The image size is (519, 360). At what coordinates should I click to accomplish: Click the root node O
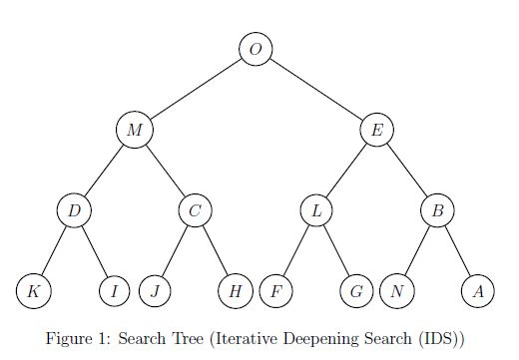coord(256,48)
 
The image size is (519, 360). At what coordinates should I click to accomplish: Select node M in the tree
coord(133,130)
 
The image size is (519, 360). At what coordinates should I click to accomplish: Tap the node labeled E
coord(377,130)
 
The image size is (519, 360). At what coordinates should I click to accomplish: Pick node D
coord(73,210)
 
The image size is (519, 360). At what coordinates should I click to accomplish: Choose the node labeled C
coord(195,210)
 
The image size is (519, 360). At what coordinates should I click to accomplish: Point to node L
coord(316,210)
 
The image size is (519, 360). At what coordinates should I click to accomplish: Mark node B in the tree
coord(437,210)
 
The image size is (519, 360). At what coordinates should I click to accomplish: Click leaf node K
coord(33,291)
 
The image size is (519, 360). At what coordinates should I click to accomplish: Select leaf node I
coord(115,291)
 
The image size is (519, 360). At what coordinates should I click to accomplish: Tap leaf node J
coord(155,291)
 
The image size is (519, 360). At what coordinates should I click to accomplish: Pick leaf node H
coord(235,291)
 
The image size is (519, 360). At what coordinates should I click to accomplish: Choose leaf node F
coord(275,291)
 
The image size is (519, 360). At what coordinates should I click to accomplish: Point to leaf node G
coord(356,291)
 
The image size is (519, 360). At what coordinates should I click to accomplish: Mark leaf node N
coord(397,291)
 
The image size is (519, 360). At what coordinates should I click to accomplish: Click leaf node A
coord(478,291)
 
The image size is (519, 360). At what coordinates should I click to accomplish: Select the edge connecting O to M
coord(195,89)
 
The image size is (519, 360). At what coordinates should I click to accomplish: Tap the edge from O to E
coord(316,89)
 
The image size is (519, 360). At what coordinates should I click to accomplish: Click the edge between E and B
coord(407,170)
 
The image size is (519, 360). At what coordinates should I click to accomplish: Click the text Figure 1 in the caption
coord(78,338)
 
